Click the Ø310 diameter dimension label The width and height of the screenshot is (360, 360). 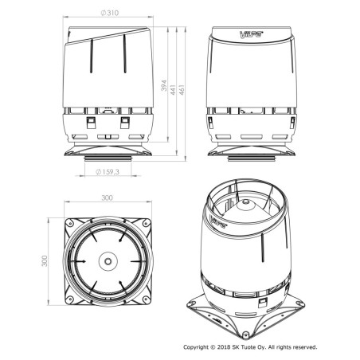point(110,13)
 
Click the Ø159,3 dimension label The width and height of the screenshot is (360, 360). point(108,172)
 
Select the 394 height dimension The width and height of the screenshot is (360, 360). point(164,85)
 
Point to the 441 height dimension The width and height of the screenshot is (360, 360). point(173,90)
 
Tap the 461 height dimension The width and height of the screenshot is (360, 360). point(182,90)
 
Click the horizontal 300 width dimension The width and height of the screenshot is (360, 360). point(108,198)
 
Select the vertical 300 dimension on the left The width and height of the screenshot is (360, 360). point(45,261)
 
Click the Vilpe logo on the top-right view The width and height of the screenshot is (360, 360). point(251,34)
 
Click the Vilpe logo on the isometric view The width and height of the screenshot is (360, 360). point(218,222)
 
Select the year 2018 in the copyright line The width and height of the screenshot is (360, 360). point(224,347)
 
